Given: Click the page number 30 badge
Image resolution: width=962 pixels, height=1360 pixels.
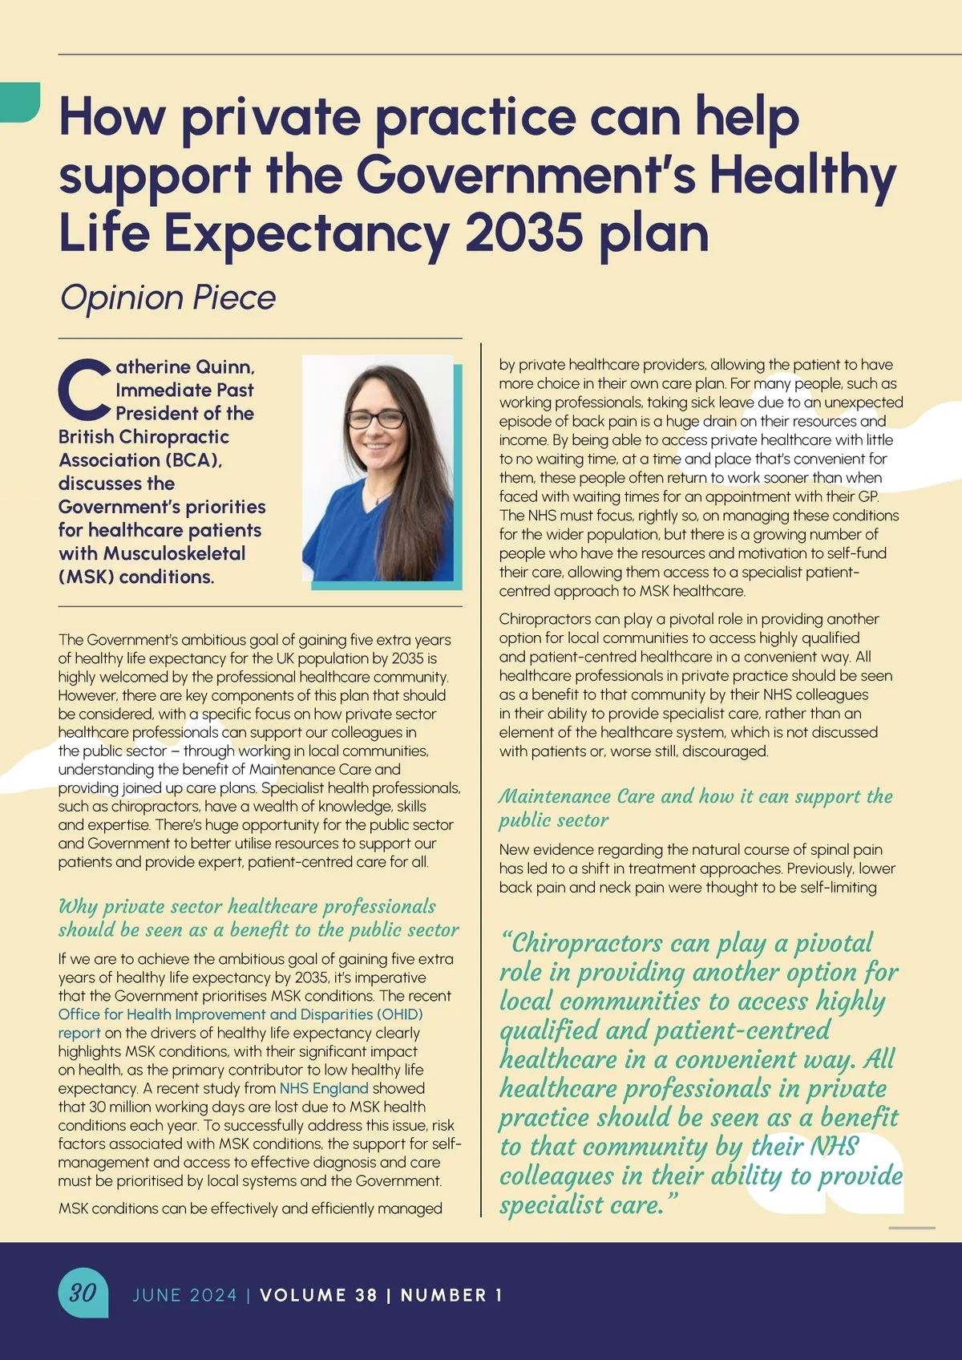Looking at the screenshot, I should click(x=83, y=1293).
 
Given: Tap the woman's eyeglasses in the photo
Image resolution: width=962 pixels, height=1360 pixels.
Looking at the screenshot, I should click(x=376, y=419).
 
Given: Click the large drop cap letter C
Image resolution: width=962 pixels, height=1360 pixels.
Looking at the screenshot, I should click(x=84, y=391).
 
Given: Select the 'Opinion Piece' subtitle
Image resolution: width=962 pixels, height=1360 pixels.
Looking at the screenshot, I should click(x=168, y=297).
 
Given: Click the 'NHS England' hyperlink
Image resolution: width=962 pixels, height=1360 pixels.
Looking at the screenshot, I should click(x=324, y=1088).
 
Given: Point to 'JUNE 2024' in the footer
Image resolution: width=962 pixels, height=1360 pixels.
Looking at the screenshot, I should click(x=185, y=1295).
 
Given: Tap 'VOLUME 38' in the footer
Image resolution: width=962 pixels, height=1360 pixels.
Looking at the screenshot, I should click(x=318, y=1295).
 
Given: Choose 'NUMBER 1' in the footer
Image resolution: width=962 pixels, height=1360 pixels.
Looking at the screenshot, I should click(x=451, y=1295).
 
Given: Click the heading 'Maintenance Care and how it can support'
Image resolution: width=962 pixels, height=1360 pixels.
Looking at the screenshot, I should click(x=695, y=796).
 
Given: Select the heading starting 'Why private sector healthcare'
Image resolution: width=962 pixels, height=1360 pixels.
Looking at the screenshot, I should click(x=247, y=907).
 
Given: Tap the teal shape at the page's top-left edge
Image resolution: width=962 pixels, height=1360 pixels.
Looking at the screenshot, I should click(x=19, y=102).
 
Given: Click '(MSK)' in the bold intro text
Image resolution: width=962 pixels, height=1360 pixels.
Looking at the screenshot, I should click(x=86, y=577).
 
